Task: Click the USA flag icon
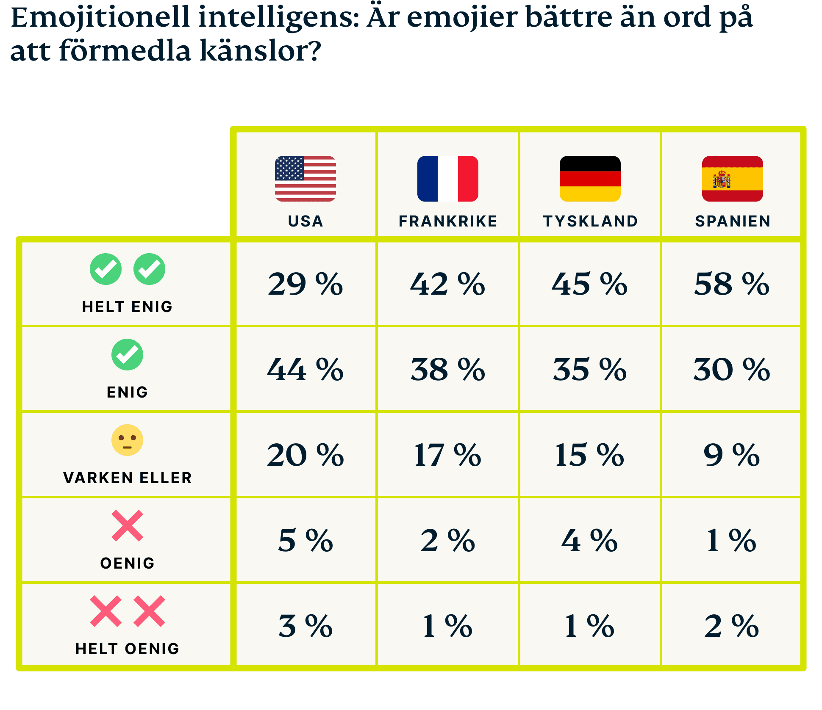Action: coord(305,179)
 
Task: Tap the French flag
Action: coord(447,179)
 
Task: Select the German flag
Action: coord(590,179)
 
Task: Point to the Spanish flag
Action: coord(732,179)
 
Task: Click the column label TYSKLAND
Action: coord(590,221)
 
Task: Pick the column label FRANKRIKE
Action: coord(448,221)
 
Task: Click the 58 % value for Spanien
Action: coord(732,284)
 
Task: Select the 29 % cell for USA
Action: coord(305,284)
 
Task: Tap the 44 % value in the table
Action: coord(305,369)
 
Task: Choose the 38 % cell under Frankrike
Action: coord(448,369)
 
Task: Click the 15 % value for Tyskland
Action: coord(589,455)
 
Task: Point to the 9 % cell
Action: coord(732,455)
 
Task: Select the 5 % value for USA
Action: coord(305,540)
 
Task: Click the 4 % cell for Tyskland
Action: coord(589,540)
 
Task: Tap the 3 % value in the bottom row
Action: coord(305,626)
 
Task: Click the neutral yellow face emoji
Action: coord(127,440)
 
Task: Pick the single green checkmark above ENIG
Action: coord(127,355)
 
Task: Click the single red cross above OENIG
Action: coord(127,526)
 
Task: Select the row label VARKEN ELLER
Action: coord(127,478)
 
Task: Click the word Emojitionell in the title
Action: coord(100,18)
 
